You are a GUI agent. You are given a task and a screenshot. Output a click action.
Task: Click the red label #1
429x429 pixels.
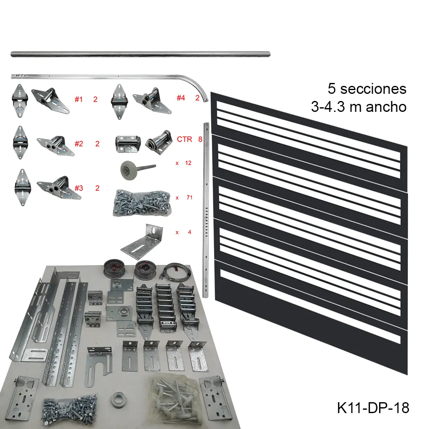[x=79, y=100]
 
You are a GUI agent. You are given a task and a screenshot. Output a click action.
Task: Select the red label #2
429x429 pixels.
[x=79, y=144]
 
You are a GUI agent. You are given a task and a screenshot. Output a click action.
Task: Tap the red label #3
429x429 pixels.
[x=79, y=188]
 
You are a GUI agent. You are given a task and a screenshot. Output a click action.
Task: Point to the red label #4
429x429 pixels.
[x=181, y=98]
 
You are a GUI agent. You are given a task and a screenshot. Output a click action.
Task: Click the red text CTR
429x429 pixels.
[x=185, y=139]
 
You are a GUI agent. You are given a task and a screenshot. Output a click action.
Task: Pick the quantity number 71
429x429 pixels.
[x=189, y=197]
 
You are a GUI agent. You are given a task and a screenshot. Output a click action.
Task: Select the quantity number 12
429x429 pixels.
[x=188, y=163]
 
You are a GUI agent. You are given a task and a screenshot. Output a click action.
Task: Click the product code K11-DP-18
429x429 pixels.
[x=373, y=408]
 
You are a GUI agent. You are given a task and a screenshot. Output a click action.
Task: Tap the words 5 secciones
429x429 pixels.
[x=367, y=89]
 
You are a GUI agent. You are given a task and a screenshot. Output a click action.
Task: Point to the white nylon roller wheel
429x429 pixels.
[x=125, y=171]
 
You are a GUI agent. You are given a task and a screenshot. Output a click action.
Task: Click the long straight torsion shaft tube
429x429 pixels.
[x=140, y=54]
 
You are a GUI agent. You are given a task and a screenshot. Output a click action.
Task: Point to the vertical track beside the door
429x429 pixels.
[x=206, y=209]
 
